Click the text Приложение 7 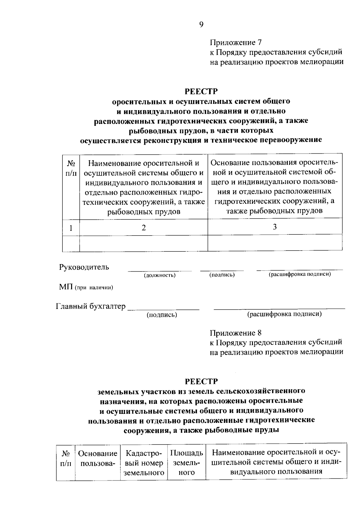(236, 42)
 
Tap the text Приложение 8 (236, 333)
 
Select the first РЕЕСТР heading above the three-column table (201, 91)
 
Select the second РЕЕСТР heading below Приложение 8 (201, 381)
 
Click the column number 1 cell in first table (71, 228)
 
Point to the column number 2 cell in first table (144, 228)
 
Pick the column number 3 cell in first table (275, 227)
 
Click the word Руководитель (84, 267)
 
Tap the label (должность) (160, 275)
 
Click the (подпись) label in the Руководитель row (222, 275)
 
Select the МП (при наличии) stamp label (86, 288)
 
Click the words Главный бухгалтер (91, 306)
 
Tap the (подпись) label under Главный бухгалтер (162, 315)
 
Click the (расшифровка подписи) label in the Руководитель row (299, 274)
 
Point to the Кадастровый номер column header (144, 463)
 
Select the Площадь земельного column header (187, 463)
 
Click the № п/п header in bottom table (66, 458)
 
